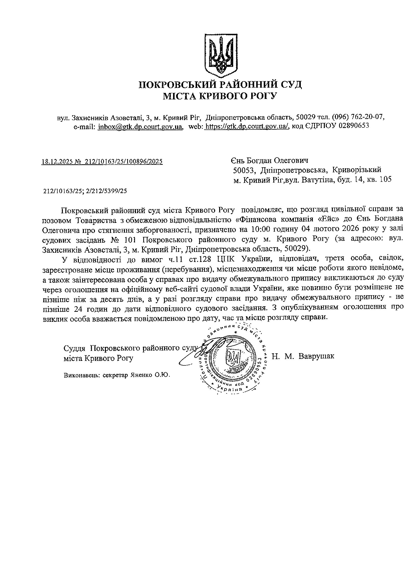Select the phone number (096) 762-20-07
coord(358,117)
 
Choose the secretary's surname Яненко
coord(141,375)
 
